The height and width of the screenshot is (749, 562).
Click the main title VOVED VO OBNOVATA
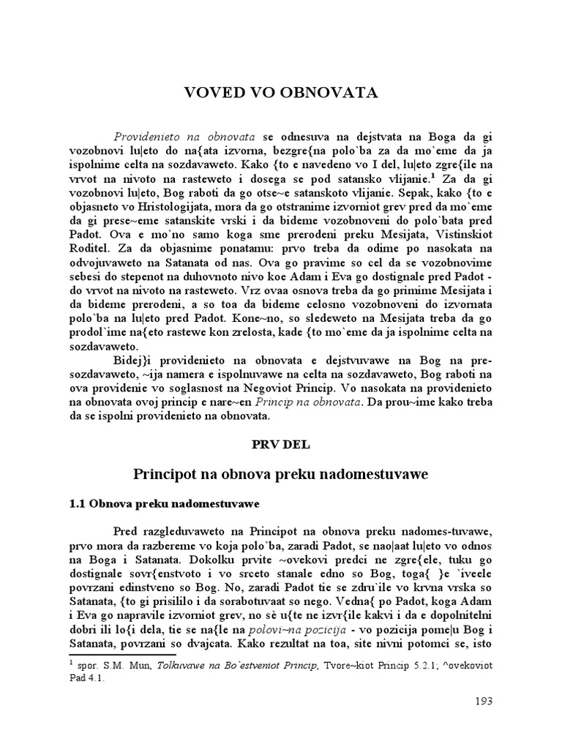280,93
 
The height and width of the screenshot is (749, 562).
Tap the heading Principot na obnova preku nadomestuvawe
280,474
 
